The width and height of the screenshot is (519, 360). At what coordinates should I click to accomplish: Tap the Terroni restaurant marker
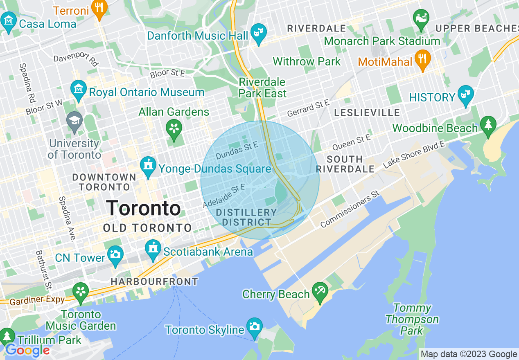pos(99,8)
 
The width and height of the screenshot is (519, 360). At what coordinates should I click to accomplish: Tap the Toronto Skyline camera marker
pos(254,327)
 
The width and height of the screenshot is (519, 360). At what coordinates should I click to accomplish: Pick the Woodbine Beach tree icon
pos(488,125)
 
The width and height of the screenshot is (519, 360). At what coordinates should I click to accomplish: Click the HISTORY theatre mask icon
pos(466,94)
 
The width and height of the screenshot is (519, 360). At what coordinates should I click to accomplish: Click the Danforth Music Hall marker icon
pos(259,32)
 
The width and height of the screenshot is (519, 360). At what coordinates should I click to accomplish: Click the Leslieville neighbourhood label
pos(367,112)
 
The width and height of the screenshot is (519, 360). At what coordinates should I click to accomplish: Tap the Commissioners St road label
pos(350,209)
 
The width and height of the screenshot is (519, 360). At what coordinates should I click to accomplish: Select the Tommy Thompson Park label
pos(412,319)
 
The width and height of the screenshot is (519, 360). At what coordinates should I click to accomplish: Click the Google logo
pos(27,350)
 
